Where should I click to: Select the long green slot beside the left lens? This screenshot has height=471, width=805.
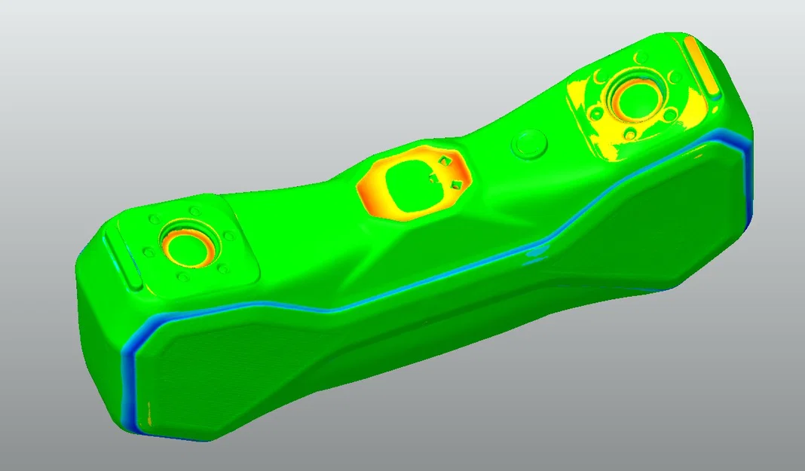[121, 260]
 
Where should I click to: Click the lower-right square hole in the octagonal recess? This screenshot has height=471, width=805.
[456, 185]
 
